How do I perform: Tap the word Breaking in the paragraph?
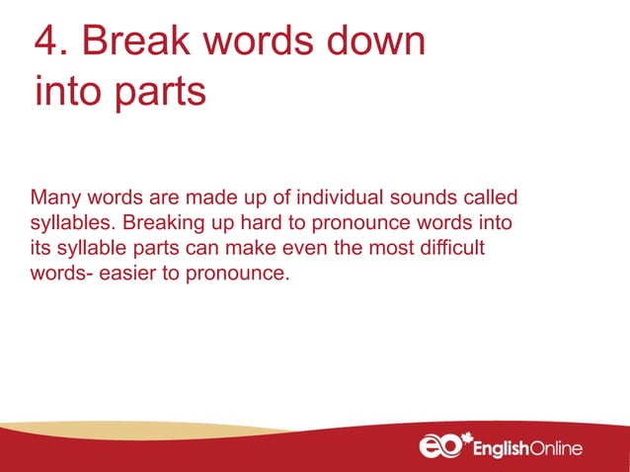pyautogui.click(x=162, y=222)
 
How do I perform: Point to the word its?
pyautogui.click(x=42, y=248)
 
